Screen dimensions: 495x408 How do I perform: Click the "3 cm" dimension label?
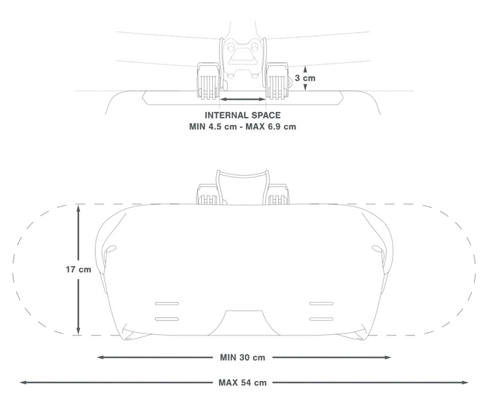coord(305,78)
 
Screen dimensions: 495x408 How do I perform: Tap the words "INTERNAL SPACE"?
coord(243,116)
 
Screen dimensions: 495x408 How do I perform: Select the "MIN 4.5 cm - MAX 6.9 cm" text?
coord(243,127)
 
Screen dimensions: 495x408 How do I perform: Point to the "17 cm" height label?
coord(78,270)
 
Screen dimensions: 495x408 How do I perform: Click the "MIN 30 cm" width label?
coord(243,357)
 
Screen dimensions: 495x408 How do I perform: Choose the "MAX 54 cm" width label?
coord(243,383)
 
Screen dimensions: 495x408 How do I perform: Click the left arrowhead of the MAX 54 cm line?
coord(23,383)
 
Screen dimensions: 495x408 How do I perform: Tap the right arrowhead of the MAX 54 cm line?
coord(465,383)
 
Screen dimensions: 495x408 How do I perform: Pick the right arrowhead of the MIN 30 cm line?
coord(388,357)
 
